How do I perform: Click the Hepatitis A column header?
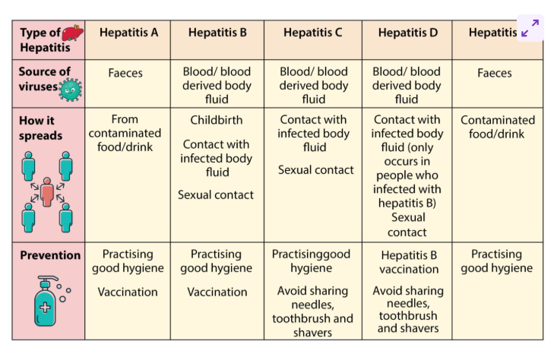pos(128,33)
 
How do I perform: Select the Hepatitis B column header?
pos(217,33)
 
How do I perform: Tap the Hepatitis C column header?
pos(312,33)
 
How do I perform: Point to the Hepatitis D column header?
pos(407,33)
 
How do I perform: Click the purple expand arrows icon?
pos(530,28)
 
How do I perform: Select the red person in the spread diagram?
pos(47,193)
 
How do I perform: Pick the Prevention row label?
pos(50,255)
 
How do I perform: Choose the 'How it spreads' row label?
pos(41,128)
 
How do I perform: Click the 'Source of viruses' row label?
pos(44,78)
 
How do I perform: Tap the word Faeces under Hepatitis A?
pos(125,74)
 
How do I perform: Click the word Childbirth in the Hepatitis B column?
pos(216,120)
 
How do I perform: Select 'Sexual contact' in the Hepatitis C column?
pos(315,170)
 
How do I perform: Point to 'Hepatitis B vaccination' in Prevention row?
pos(410,262)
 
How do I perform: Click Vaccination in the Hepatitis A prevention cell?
pos(128,292)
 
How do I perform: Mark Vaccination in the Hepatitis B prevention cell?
pos(217,292)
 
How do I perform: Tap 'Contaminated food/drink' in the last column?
pos(498,127)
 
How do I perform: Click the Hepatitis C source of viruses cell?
pos(313,85)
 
